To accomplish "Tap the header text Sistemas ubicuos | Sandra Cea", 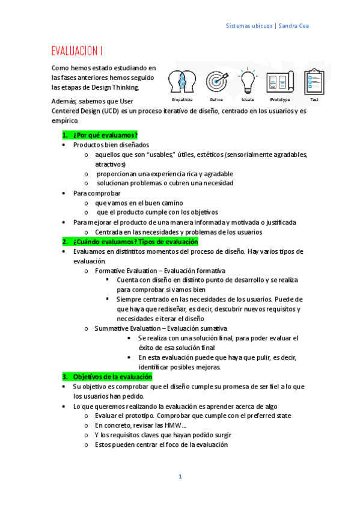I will coord(267,26).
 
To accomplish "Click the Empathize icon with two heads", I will coord(182,81).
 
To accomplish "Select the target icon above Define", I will coord(216,81).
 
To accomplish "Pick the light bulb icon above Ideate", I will coord(248,81).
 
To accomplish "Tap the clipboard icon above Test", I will coord(314,81).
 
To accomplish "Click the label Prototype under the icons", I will coord(280,99).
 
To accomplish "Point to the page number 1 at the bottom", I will coord(180,477).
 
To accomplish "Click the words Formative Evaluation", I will coord(124,271).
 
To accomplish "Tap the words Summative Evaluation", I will coord(125,328).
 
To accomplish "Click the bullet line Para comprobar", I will coord(97,193).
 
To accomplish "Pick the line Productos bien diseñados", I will coord(111,145).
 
